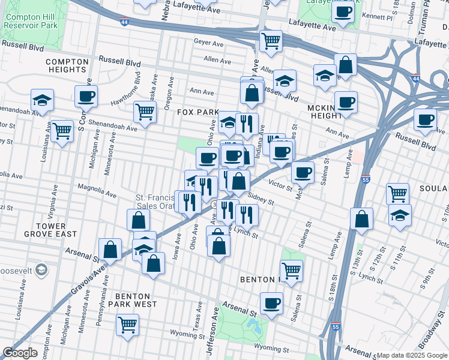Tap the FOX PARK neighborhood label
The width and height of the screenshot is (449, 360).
[x=198, y=112]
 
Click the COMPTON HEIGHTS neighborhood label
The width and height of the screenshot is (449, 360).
[x=67, y=66]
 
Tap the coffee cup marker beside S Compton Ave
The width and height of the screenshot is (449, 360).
[x=86, y=96]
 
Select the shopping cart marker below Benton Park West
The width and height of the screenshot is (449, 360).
[x=128, y=326]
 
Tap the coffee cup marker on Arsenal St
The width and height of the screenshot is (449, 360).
[x=272, y=303]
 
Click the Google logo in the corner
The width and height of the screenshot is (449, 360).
[x=20, y=353]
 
